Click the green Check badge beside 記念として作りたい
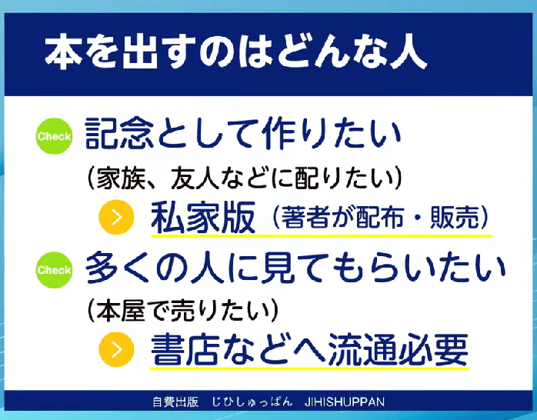54,136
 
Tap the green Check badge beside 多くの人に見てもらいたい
54,270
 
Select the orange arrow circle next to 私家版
116,217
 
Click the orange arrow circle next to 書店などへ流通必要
116,349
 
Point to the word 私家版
203,218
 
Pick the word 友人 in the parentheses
194,178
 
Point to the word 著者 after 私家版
305,217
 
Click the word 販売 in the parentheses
455,217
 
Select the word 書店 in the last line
185,349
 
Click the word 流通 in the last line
362,349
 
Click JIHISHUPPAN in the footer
344,402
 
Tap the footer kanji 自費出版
175,402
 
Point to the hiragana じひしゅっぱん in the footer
252,402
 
